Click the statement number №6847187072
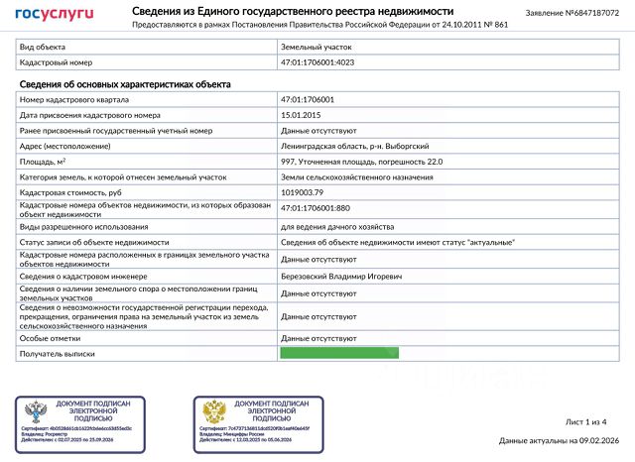tap(579, 13)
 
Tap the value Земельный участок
tap(317, 47)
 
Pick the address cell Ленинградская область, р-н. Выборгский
tap(344, 146)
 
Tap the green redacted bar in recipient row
tap(339, 353)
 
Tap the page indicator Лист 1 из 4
tap(585, 422)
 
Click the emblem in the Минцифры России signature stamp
tap(214, 412)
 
